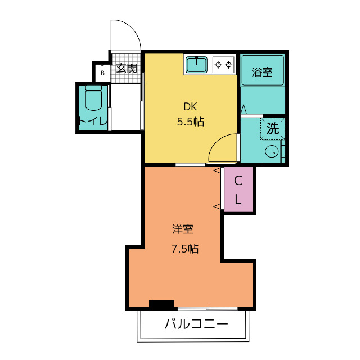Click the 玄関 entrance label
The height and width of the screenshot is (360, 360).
coord(127,69)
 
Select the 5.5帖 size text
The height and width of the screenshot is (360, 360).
coord(191,121)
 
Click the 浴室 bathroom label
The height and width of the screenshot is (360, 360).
coord(262,72)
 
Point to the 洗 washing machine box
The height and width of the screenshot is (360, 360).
coord(273,128)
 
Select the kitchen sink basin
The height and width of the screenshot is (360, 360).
coord(196,65)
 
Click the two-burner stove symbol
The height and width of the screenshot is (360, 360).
coord(223,65)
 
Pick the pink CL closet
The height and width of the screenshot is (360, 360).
coord(238,190)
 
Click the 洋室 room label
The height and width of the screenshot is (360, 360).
coord(183,229)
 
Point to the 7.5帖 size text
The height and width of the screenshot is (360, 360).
coord(185,248)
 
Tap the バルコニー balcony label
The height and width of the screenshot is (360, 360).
coord(196,325)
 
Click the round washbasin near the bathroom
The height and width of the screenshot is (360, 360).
coord(272,151)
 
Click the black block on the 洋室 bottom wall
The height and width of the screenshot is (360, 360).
coord(161,304)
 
